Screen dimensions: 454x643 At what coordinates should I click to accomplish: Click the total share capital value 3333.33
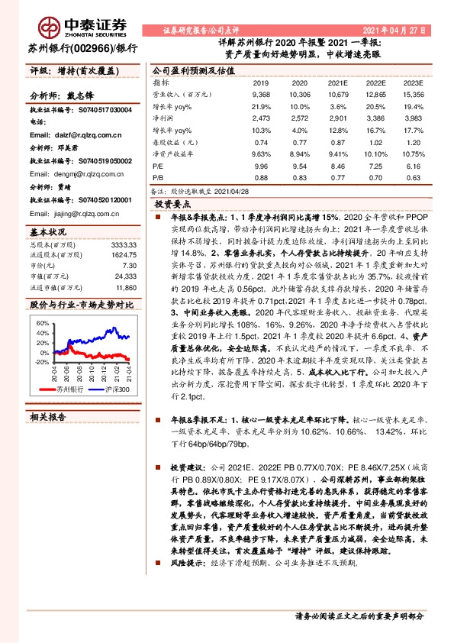click(124, 244)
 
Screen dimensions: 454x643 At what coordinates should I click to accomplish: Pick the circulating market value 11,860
click(124, 289)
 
